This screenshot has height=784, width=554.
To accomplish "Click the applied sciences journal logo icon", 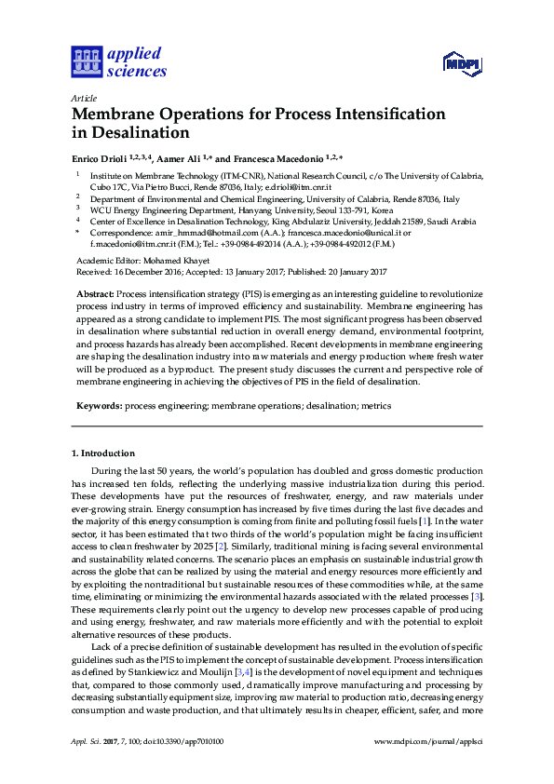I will (85, 62).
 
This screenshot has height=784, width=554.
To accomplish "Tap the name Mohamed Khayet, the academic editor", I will (181, 261).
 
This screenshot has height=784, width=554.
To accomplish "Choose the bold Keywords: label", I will (99, 406).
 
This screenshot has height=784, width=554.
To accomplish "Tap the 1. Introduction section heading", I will (102, 453).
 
